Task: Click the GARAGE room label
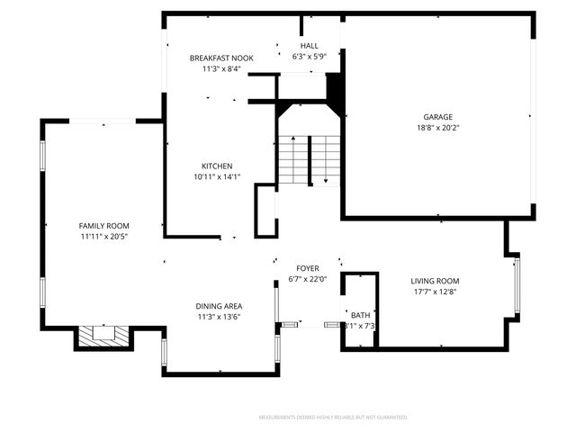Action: coord(438,116)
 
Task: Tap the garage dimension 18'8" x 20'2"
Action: coord(438,128)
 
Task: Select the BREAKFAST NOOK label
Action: coord(221,58)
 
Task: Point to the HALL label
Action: coord(309,46)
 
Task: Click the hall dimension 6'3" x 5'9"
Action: coord(309,58)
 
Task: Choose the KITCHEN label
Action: coord(217,166)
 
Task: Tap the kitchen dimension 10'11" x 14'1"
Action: coord(217,177)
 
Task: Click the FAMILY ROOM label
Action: coord(104,225)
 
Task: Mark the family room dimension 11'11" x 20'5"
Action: coord(104,237)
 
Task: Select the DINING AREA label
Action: coord(220,306)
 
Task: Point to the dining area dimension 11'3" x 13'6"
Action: coord(220,318)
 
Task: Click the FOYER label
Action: coord(309,268)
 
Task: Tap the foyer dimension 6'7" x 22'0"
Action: coord(309,280)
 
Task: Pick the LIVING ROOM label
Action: coord(435,281)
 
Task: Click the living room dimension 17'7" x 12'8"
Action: coord(435,292)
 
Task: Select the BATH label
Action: coord(360,315)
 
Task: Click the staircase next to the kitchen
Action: coord(307,160)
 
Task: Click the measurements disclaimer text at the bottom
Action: coord(333,418)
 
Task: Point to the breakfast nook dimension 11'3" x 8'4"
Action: coord(221,69)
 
